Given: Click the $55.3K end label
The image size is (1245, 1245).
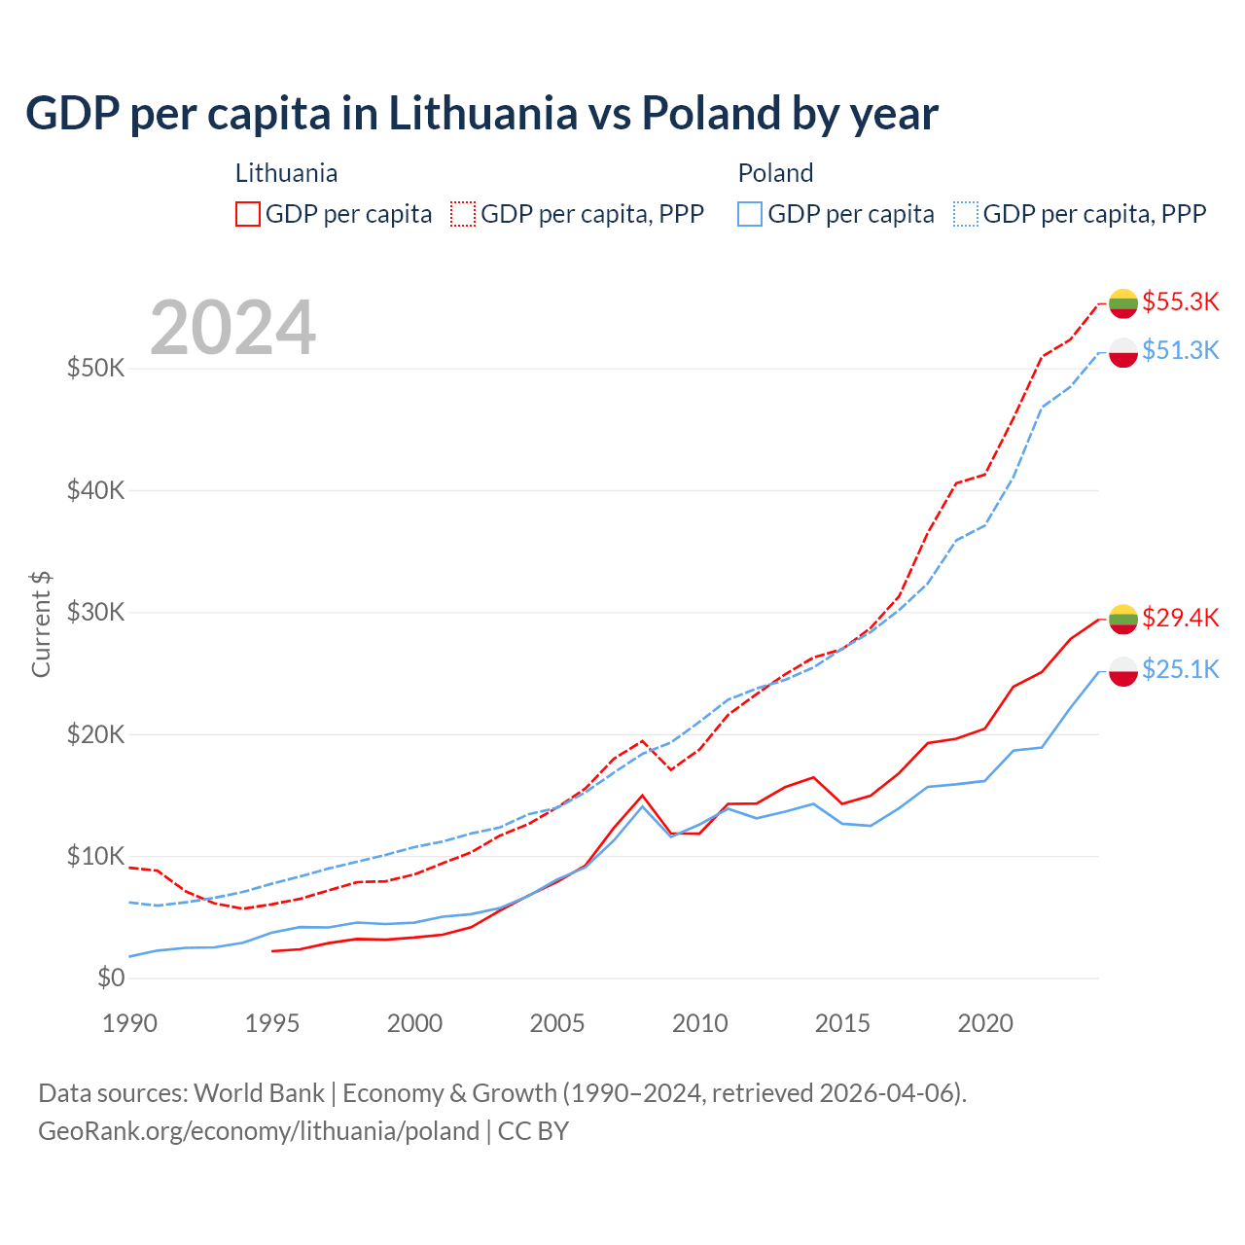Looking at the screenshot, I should click(1180, 302).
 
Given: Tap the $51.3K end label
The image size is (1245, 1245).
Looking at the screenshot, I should click(1180, 350).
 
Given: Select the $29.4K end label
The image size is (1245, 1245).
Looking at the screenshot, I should click(1180, 618).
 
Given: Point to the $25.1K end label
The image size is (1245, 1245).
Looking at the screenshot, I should click(1180, 669).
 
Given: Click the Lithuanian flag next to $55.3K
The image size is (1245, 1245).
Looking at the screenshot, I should click(1123, 302).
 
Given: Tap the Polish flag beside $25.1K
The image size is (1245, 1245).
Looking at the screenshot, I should click(1123, 671).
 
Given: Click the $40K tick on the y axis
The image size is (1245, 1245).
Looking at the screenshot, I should click(95, 490).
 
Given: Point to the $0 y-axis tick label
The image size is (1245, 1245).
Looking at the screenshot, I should click(111, 978).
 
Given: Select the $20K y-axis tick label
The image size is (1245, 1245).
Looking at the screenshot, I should click(95, 734).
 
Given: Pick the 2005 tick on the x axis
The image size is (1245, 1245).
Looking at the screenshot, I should click(557, 1023).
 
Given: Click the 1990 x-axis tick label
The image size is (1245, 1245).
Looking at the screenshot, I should click(129, 1023).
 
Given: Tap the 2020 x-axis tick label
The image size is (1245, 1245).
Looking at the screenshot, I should click(985, 1023).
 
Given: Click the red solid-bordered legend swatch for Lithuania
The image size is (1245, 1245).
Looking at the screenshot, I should click(248, 214).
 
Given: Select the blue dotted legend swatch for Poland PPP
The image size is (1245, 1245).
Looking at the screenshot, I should click(966, 214).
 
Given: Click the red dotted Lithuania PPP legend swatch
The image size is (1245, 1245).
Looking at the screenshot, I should click(463, 214).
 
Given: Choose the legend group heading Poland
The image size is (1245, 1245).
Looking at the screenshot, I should click(775, 173).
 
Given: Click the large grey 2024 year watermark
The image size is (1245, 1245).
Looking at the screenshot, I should click(233, 328).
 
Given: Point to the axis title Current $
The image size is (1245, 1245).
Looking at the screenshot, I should click(41, 624).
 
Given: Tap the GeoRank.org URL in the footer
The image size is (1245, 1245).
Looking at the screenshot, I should click(259, 1131).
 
